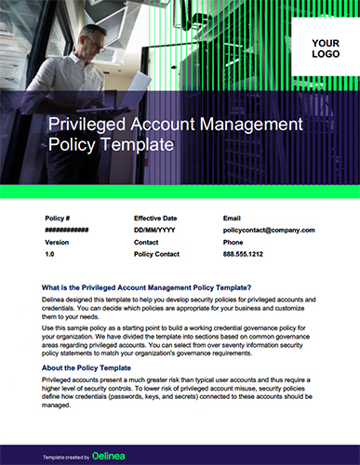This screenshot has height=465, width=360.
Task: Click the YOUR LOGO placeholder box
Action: [325, 49]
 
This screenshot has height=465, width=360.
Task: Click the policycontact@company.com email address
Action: [269, 230]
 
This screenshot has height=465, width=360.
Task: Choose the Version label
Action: [57, 241]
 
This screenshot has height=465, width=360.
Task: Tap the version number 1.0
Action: [50, 253]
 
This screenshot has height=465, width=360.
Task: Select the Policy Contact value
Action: [158, 253]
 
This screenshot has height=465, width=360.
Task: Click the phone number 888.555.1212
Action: [243, 253]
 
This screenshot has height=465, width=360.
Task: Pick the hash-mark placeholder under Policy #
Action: [66, 230]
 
